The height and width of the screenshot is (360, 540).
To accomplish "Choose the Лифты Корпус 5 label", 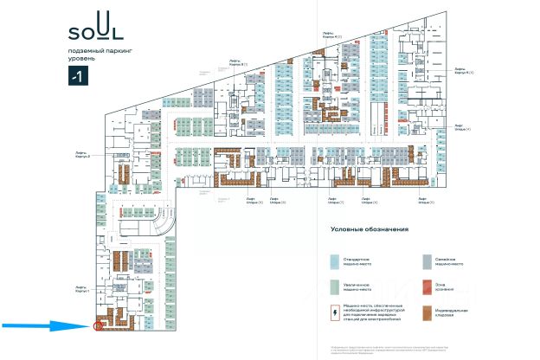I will point(461,71).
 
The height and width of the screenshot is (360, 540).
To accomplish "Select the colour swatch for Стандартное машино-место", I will point(333,260).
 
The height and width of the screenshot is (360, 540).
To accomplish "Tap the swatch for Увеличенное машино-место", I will point(333,286).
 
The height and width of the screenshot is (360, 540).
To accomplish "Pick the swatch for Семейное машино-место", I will point(426,260).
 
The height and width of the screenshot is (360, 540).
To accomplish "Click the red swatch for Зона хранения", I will point(426,286).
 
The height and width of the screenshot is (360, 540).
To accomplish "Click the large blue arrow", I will point(43,326).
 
